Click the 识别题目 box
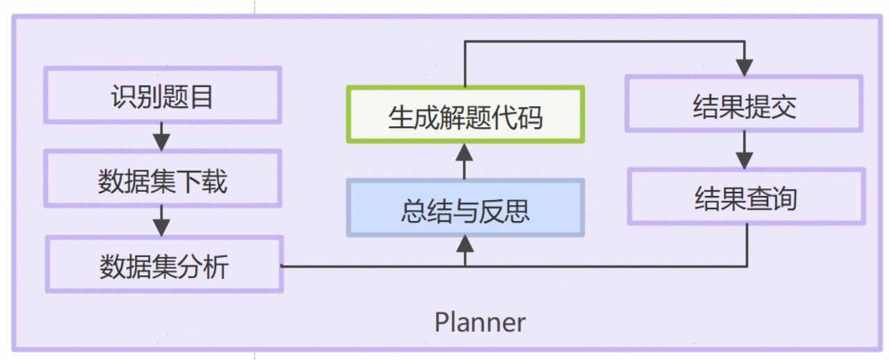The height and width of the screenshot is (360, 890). click(x=162, y=95)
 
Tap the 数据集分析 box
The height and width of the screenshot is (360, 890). click(x=164, y=265)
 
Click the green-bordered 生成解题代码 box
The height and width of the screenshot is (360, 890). click(x=465, y=115)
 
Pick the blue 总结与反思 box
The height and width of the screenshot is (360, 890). click(x=465, y=208)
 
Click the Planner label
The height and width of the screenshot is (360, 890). click(x=480, y=322)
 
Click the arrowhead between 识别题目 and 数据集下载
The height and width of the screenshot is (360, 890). click(x=161, y=142)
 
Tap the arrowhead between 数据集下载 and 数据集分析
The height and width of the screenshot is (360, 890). click(x=161, y=227)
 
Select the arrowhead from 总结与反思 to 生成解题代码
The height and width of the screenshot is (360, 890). click(x=465, y=152)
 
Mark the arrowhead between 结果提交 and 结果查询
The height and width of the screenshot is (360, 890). click(x=745, y=159)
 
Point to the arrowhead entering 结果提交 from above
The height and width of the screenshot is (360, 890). click(x=745, y=67)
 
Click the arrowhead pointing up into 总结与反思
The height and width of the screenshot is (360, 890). click(x=465, y=243)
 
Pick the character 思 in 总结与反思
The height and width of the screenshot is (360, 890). click(x=517, y=211)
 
